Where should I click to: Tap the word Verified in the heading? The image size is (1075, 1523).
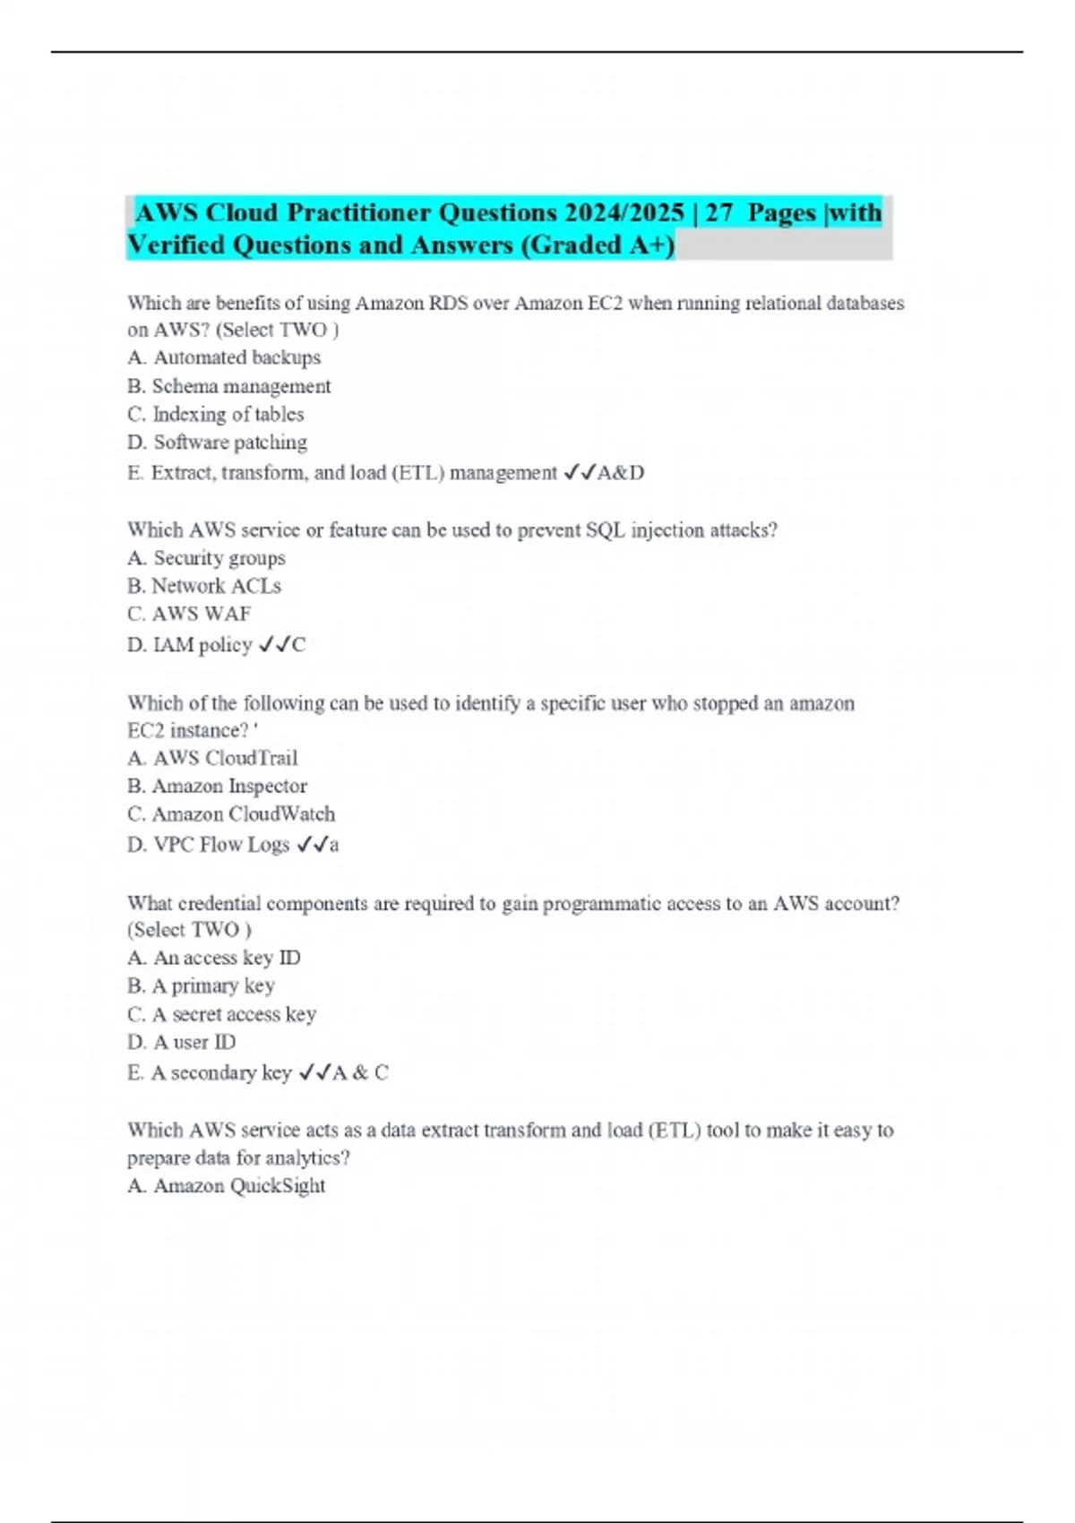coord(176,245)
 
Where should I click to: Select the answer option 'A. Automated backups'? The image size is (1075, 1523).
coord(224,357)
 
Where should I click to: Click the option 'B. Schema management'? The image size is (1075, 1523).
coord(229,386)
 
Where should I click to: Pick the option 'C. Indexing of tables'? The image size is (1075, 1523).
coord(216,414)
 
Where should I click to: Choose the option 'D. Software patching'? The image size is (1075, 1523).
coord(218,443)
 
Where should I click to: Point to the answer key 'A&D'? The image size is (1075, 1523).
coord(620,472)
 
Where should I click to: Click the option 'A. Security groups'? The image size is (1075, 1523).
coord(207,558)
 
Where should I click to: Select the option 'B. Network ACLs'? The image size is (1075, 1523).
coord(204,586)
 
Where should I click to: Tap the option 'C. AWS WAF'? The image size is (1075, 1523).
coord(189,614)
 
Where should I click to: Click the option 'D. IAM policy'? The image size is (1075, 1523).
coord(190,645)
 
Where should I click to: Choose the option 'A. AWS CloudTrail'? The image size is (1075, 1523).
coord(212,758)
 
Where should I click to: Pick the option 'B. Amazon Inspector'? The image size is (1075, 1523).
coord(218,787)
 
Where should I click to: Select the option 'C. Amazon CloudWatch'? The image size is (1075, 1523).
coord(231,814)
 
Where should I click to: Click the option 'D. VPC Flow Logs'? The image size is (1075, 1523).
coord(209,845)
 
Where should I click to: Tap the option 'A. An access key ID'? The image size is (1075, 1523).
coord(214,958)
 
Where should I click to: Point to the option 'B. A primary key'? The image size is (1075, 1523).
coord(202,986)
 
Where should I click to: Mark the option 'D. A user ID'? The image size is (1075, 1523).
coord(182,1043)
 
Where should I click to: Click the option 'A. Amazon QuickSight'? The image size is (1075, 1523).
coord(227,1186)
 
